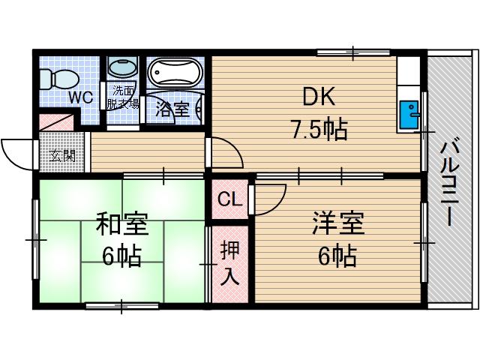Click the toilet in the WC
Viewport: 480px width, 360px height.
click(53, 76)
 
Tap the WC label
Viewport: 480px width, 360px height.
click(82, 96)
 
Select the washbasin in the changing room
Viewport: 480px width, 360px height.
click(121, 68)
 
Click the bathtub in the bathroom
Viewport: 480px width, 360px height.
click(174, 74)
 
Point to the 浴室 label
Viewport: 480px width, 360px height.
click(172, 109)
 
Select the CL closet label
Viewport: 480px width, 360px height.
click(228, 199)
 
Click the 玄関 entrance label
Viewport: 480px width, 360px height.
click(62, 157)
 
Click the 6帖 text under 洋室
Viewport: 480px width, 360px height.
click(336, 257)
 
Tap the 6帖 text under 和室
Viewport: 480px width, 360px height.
click(121, 257)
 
